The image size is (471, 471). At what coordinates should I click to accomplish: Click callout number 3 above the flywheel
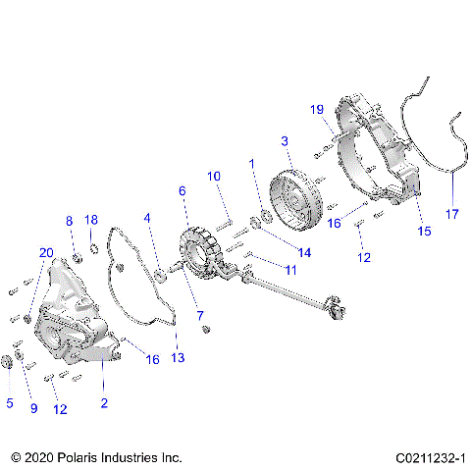pyautogui.click(x=285, y=142)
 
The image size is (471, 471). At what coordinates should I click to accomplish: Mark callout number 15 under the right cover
pyautogui.click(x=425, y=232)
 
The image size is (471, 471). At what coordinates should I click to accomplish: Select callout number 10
pyautogui.click(x=213, y=176)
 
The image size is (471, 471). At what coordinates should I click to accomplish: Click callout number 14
pyautogui.click(x=304, y=252)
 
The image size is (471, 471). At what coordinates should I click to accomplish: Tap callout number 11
pyautogui.click(x=290, y=269)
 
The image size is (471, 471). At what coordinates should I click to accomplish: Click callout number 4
pyautogui.click(x=148, y=217)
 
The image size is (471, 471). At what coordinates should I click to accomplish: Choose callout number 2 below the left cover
pyautogui.click(x=104, y=402)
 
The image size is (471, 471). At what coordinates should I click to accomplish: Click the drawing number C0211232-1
pyautogui.click(x=430, y=458)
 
